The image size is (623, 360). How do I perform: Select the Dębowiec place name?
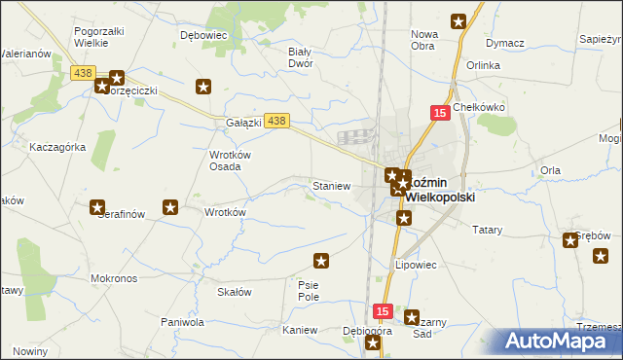203,34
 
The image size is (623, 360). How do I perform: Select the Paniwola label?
182,322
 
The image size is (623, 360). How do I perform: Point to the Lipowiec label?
415,264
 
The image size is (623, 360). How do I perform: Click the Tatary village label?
487,230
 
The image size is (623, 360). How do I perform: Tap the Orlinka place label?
483,65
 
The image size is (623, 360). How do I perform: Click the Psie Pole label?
309,290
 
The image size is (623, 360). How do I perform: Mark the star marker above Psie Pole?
321,260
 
